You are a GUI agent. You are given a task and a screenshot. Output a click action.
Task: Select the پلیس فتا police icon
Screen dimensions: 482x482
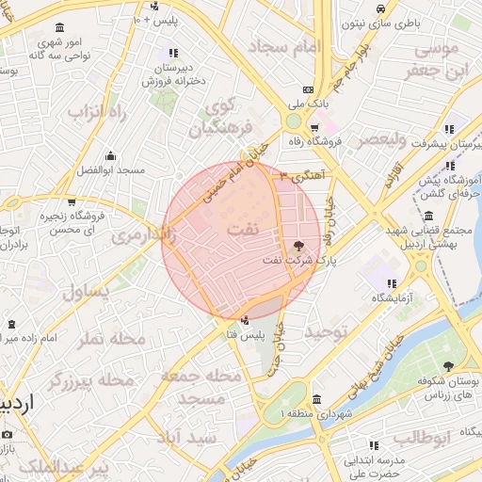pos(246,320)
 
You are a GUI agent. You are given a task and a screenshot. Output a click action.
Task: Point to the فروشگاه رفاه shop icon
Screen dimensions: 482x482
pos(314,127)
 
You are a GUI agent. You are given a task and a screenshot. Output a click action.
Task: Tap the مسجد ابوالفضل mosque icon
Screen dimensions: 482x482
pos(110,156)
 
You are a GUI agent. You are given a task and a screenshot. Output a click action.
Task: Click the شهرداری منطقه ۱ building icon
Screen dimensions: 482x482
pos(315,398)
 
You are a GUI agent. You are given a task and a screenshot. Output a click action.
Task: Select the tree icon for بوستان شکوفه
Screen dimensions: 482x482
pos(447,364)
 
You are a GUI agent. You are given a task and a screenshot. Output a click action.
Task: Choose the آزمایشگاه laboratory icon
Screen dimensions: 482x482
pos(391,282)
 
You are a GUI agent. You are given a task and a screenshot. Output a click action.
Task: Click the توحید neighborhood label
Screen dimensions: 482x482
pos(327,332)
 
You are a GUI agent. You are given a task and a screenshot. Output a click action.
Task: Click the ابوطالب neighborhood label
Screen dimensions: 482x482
pos(423,437)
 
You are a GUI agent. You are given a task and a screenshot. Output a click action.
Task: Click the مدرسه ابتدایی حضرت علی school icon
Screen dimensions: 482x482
pos(373,444)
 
